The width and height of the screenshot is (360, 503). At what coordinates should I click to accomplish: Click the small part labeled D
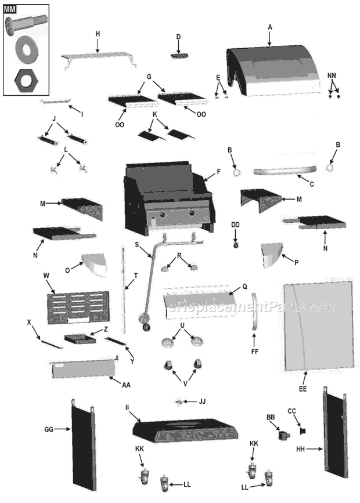(x=179, y=54)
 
